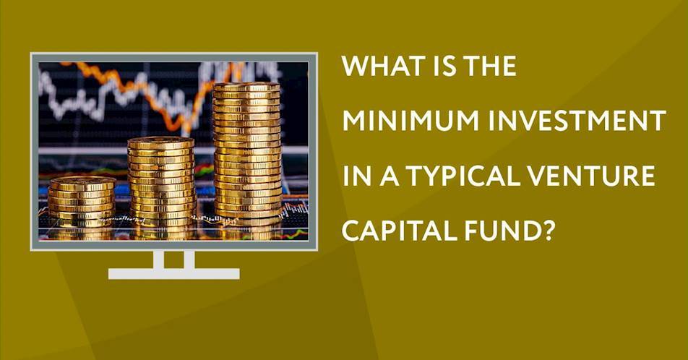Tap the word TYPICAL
point(470,176)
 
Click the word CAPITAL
point(397,231)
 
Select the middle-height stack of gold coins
point(161,181)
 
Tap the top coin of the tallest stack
point(247,87)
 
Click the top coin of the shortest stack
point(82,181)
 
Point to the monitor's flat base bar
point(173,273)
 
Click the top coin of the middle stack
point(161,142)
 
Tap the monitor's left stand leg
point(159,260)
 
